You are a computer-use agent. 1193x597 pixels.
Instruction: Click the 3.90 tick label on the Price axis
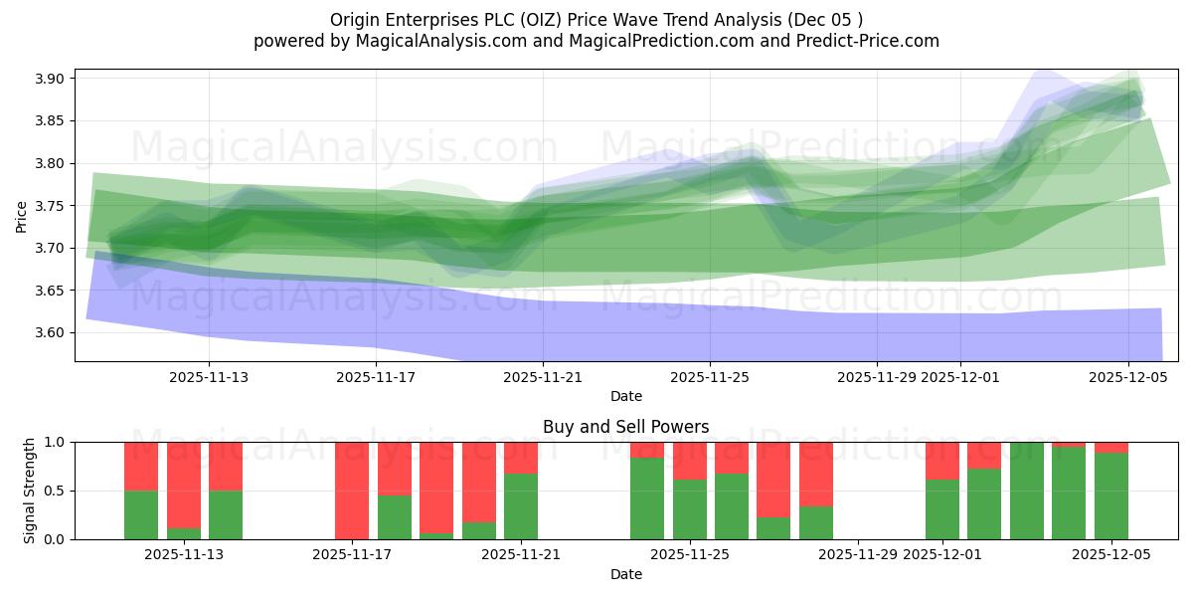point(49,79)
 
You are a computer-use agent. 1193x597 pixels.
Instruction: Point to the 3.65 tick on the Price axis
point(49,291)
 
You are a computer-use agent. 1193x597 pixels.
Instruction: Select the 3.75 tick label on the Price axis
point(49,206)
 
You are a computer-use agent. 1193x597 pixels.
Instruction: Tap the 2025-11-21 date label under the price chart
point(543,377)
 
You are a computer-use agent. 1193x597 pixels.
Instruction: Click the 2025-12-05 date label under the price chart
point(1127,377)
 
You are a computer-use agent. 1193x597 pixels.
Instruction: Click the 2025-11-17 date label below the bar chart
point(352,555)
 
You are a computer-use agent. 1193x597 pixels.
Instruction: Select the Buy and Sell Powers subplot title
point(625,427)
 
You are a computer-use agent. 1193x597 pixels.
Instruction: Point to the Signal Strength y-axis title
point(30,491)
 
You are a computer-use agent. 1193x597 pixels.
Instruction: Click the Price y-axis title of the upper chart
point(22,216)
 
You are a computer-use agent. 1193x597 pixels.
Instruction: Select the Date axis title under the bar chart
point(625,574)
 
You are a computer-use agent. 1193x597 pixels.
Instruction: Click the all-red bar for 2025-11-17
point(352,491)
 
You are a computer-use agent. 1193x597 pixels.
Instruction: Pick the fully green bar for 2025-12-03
point(1027,491)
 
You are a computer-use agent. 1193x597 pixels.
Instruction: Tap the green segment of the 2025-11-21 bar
point(521,506)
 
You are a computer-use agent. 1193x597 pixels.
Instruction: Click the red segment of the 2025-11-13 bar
point(226,466)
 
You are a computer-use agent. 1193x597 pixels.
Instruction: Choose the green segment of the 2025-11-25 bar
point(690,509)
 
